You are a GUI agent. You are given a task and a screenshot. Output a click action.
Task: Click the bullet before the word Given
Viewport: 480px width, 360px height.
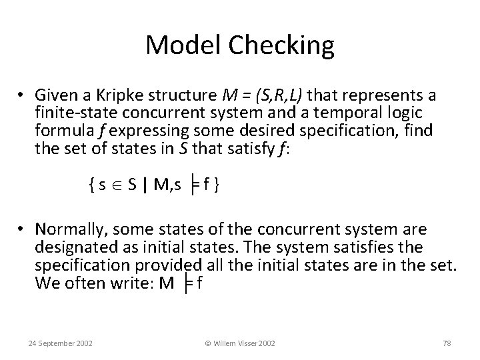(x=23, y=92)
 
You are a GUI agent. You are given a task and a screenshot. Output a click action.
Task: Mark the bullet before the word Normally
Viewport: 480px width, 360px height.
(x=23, y=231)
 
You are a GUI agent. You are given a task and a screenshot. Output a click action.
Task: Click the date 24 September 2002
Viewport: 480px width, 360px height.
(x=61, y=343)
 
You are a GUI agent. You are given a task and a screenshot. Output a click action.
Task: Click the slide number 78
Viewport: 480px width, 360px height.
(x=447, y=343)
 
